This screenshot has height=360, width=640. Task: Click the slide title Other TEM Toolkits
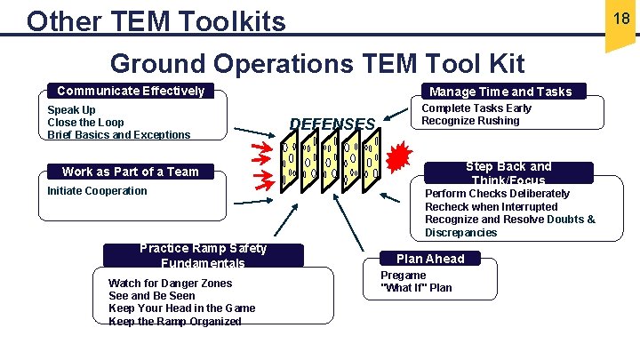[x=156, y=20]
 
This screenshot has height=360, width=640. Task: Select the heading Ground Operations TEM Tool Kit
[x=316, y=64]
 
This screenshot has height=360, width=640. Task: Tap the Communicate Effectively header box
[x=131, y=91]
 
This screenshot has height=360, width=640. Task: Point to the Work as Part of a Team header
[x=131, y=172]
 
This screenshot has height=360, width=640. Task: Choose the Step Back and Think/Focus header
[x=508, y=172]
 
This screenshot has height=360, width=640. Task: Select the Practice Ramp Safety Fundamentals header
[x=203, y=255]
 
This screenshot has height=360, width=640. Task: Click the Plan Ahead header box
[x=429, y=259]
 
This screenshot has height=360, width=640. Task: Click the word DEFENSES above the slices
[x=332, y=124]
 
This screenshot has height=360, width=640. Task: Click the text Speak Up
[x=71, y=110]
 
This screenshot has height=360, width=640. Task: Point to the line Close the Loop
[x=85, y=123]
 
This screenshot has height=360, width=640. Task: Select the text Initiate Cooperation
[x=97, y=191]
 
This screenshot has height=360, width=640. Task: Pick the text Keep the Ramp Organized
[x=174, y=321]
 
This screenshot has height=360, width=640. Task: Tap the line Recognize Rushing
[x=470, y=121]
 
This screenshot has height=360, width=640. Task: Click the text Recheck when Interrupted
[x=492, y=206]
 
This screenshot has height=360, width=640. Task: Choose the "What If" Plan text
[x=416, y=288]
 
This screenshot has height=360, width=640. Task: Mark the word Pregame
[x=403, y=276]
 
